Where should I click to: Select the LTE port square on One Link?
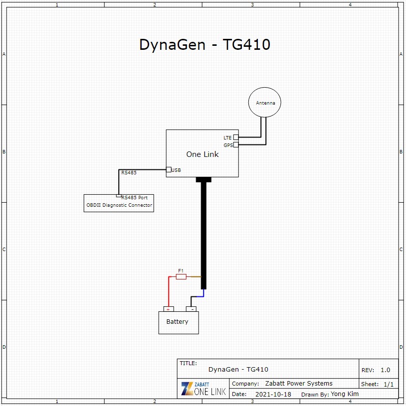[x=235, y=137]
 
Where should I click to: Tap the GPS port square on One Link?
[x=235, y=145]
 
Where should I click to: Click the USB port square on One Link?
[x=169, y=169]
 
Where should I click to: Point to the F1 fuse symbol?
[x=181, y=277]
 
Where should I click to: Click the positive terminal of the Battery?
[x=169, y=309]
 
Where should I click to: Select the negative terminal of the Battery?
[x=191, y=309]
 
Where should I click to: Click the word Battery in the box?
[x=178, y=322]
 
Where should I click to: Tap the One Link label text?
[x=203, y=154]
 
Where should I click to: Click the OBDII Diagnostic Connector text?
[x=119, y=205]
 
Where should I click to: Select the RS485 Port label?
[x=135, y=198]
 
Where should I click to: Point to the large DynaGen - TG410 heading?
[x=205, y=44]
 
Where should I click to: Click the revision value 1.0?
[x=385, y=370]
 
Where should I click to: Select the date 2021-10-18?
[x=273, y=395]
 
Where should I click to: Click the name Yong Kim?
[x=345, y=394]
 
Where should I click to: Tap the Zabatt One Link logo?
[x=203, y=389]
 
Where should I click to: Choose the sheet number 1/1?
[x=389, y=384]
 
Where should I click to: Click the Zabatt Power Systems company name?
[x=299, y=383]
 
